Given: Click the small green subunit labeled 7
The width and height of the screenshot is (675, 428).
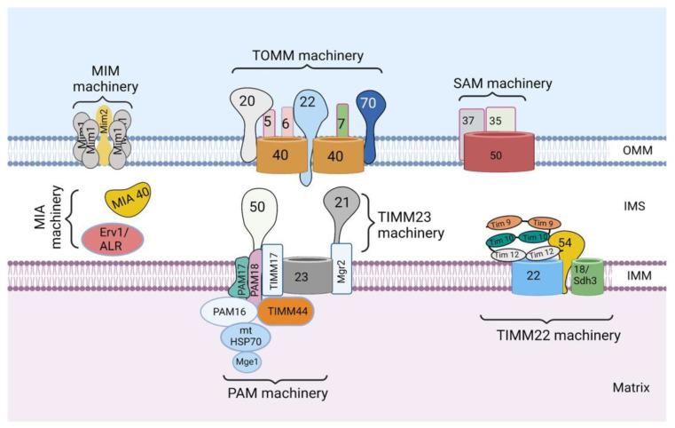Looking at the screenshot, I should pos(341,121).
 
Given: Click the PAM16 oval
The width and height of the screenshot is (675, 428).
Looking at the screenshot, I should pos(229,313).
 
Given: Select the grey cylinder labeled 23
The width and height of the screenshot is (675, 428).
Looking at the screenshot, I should pos(302,276).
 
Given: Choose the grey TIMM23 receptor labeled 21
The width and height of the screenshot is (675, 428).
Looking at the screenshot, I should pos(341,207).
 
